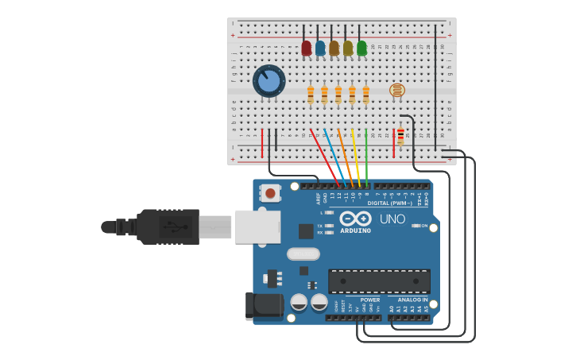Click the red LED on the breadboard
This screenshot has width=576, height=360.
(x=306, y=48)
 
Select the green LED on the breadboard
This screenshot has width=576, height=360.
(x=361, y=48)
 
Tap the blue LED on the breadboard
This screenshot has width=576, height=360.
(x=320, y=48)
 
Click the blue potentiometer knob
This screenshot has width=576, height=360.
(x=269, y=81)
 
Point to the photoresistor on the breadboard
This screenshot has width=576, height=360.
(x=396, y=90)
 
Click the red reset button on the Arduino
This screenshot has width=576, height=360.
(x=270, y=193)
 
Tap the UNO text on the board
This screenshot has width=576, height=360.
(x=392, y=219)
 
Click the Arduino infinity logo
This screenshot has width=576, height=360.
(x=355, y=219)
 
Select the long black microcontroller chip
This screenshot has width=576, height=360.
(x=379, y=281)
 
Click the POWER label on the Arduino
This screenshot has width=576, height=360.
(x=369, y=300)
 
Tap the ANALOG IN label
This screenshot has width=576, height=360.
(x=412, y=300)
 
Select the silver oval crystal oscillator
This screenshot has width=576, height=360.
(x=303, y=254)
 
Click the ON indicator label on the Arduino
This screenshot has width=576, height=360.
(x=424, y=226)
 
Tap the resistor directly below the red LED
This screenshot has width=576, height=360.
(x=311, y=95)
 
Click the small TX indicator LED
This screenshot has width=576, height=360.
(x=329, y=226)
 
